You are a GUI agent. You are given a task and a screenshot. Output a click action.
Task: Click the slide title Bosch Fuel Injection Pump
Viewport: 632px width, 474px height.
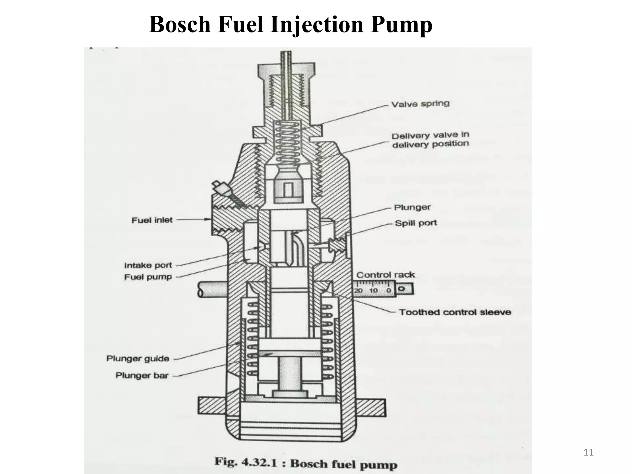(x=290, y=25)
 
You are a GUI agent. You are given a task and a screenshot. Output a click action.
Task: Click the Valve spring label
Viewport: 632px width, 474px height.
(x=420, y=104)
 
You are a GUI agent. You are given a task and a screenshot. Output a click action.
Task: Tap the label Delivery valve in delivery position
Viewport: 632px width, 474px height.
(x=430, y=139)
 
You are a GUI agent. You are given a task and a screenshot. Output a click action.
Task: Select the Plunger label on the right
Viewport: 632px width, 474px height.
(x=412, y=207)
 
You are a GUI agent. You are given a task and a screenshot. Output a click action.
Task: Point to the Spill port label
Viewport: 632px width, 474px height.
(x=416, y=223)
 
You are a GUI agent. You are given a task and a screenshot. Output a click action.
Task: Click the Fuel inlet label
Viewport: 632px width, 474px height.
(x=152, y=220)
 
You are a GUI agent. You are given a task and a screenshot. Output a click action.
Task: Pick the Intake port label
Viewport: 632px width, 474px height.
(x=148, y=265)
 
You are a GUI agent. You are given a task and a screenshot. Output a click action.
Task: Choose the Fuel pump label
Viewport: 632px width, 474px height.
(x=148, y=277)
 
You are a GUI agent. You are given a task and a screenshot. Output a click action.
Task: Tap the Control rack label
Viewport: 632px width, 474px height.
(x=385, y=275)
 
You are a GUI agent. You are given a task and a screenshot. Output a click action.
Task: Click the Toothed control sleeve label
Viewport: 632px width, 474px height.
(x=455, y=312)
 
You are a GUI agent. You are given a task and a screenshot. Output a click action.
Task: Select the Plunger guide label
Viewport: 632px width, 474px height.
(x=138, y=359)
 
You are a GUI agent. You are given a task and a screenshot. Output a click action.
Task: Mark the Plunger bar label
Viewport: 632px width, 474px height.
(x=142, y=376)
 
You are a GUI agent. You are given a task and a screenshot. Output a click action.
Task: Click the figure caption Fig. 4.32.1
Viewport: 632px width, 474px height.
(x=306, y=464)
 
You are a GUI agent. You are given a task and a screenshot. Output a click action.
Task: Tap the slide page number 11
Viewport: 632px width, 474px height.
(x=588, y=452)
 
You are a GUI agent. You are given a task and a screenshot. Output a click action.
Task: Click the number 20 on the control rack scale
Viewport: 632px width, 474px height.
(x=358, y=290)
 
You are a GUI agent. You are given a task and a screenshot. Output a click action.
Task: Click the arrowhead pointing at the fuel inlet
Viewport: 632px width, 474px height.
(x=208, y=219)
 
